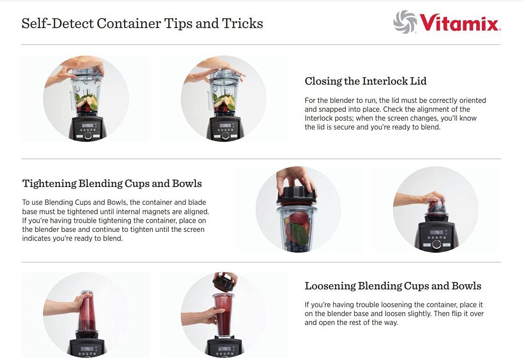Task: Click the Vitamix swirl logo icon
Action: (405, 22)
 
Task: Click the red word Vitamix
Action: (460, 23)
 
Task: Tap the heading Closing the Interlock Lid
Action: (365, 81)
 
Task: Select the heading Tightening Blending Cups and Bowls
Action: (112, 183)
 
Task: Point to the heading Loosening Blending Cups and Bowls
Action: (393, 286)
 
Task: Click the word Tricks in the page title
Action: (243, 23)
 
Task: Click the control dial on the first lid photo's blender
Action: (88, 136)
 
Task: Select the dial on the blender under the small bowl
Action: (436, 244)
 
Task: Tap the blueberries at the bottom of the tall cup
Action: (297, 248)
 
